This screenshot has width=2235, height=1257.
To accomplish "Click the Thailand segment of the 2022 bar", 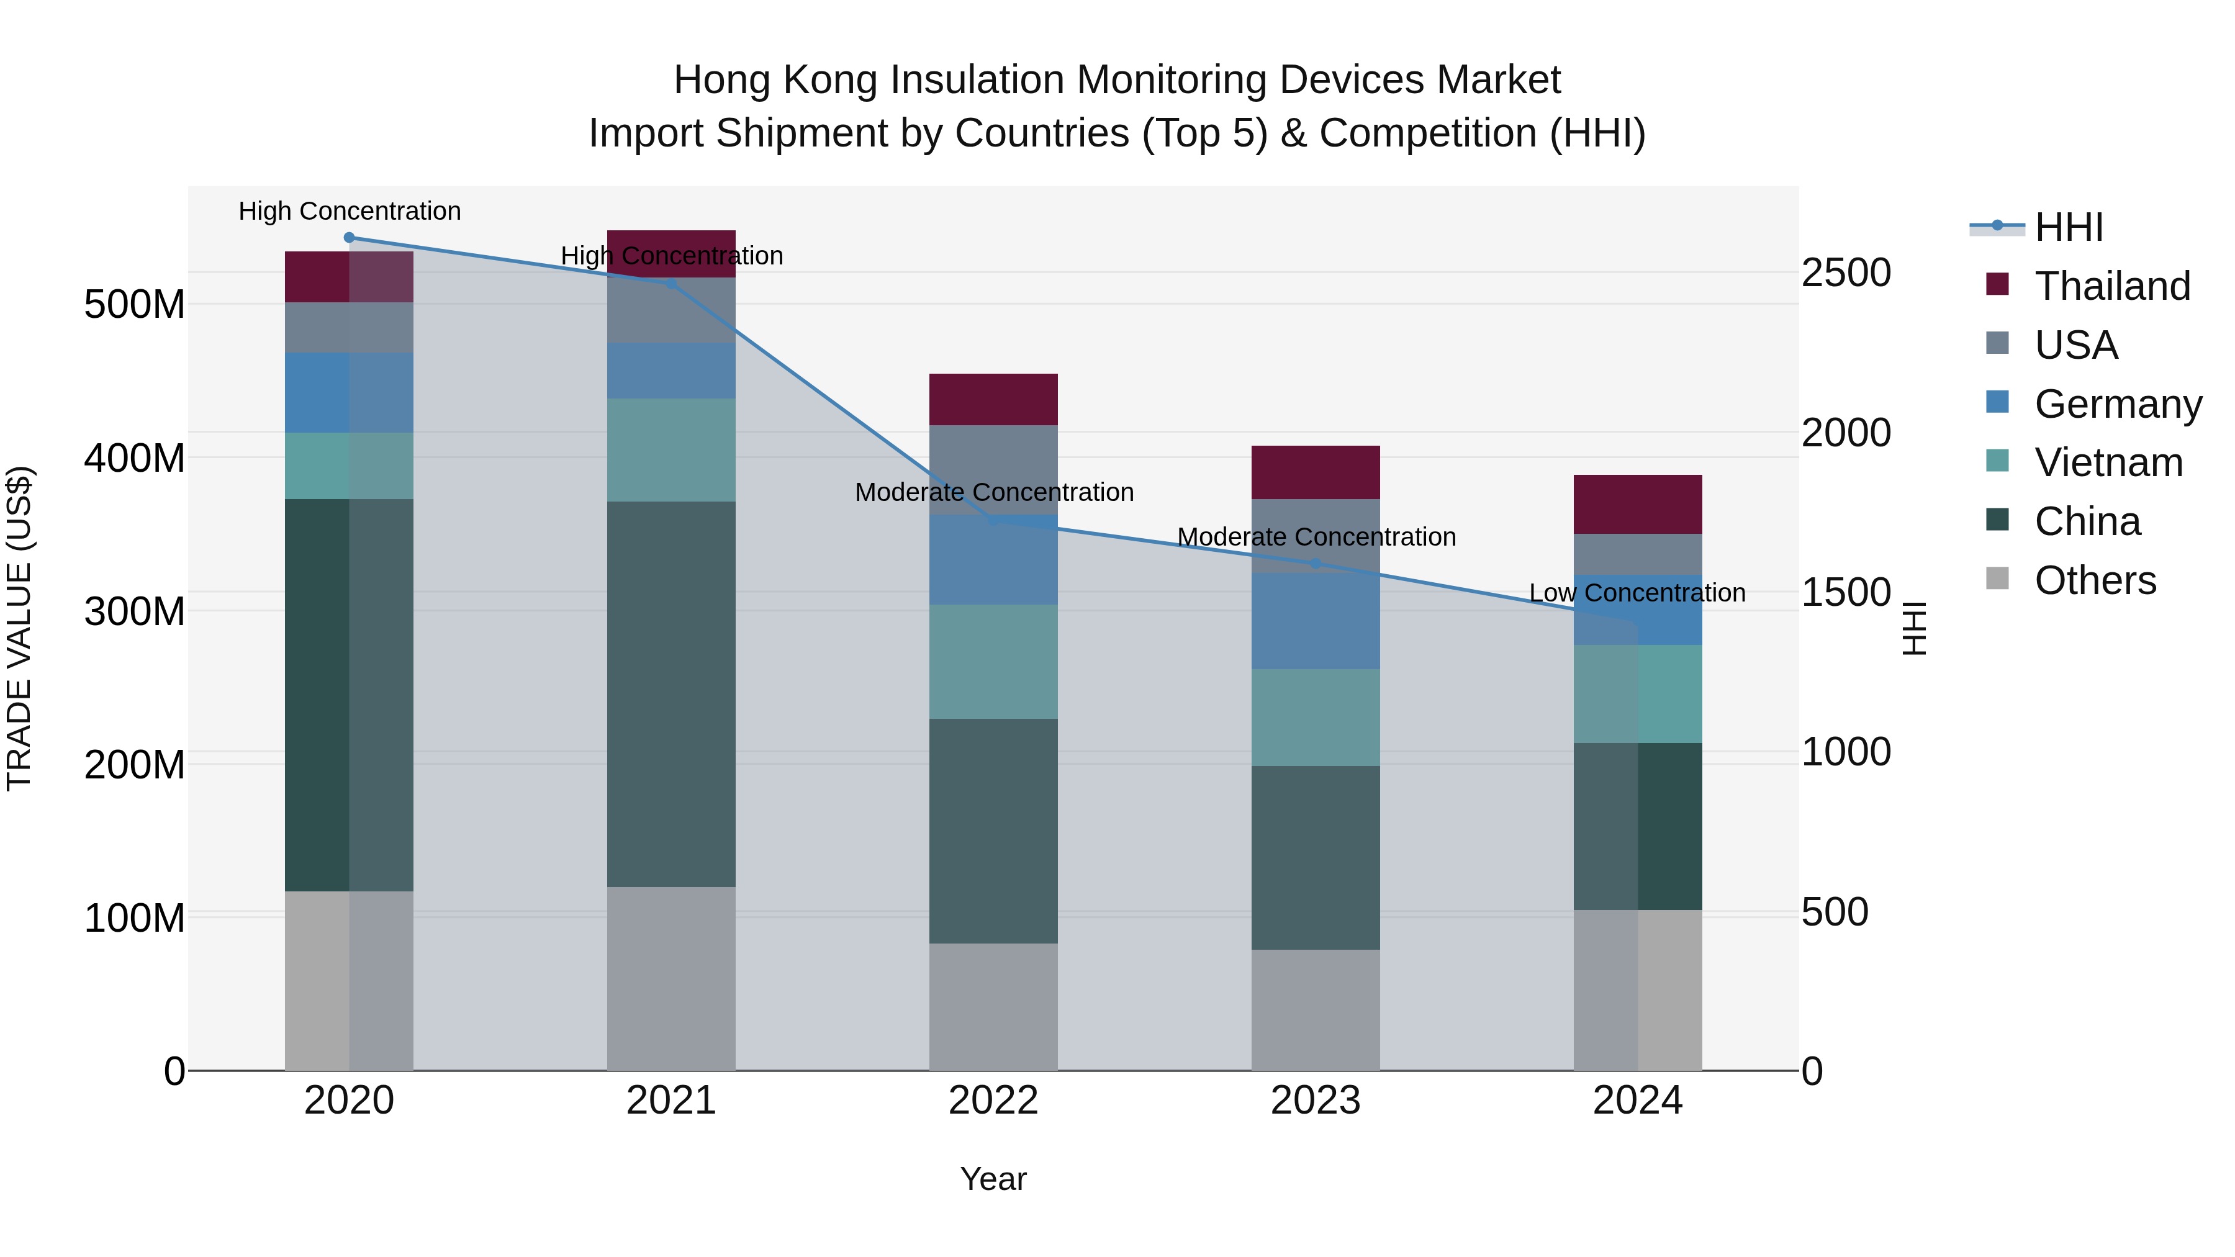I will [993, 399].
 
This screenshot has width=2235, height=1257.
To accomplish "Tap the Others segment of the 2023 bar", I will [1316, 1010].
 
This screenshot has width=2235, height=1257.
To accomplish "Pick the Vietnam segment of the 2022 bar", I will [993, 661].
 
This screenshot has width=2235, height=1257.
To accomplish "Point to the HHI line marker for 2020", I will [349, 238].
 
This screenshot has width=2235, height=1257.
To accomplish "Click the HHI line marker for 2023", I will [1316, 564].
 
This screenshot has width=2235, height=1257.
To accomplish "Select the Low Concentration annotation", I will [1637, 593].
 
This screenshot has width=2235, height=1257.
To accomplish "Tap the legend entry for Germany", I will [2117, 404].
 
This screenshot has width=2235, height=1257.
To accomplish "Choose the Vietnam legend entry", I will [2108, 463].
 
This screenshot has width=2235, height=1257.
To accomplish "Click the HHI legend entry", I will [2069, 227].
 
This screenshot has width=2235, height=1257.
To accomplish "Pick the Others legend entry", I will [2095, 580].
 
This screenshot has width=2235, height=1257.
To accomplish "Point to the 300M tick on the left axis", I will [135, 611].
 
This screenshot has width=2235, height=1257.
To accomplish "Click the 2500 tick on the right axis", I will [1846, 273].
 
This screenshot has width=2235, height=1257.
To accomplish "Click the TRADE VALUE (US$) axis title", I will [19, 628].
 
